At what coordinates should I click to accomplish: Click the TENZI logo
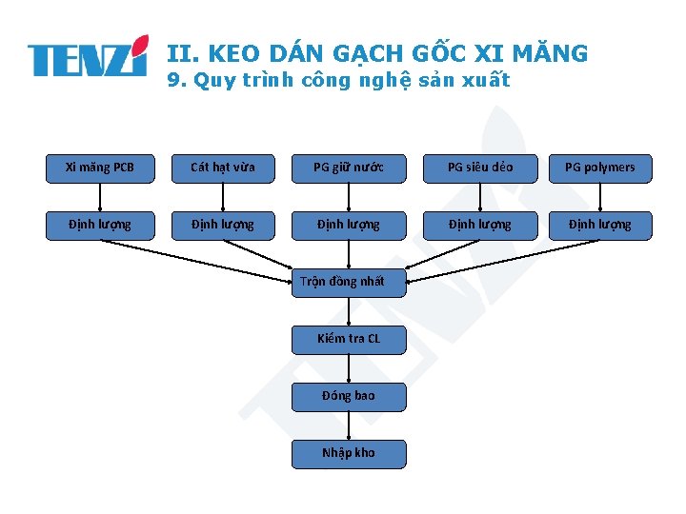point(88,57)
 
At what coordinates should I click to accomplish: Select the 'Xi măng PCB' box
point(100,168)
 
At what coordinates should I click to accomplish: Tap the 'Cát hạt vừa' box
point(222,168)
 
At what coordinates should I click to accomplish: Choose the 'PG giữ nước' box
point(349,168)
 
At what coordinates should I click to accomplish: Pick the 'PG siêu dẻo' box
point(480,168)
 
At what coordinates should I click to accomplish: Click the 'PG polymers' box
point(600,168)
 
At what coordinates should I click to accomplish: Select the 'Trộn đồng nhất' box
point(349,282)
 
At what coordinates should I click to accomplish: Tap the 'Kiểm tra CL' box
point(349,339)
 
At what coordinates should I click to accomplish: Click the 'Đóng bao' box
point(349,396)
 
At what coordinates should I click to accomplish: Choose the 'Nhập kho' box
point(349,453)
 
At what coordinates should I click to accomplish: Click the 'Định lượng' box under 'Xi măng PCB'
point(100,225)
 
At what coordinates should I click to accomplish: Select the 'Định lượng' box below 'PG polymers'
point(600,225)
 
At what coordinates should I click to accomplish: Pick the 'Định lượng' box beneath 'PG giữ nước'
point(349,225)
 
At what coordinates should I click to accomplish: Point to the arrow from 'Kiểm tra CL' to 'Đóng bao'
point(349,367)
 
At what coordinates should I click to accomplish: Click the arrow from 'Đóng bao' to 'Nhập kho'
point(349,425)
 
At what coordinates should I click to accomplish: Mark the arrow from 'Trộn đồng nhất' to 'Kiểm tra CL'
point(349,310)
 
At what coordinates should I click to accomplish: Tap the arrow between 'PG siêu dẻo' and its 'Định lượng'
point(480,196)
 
